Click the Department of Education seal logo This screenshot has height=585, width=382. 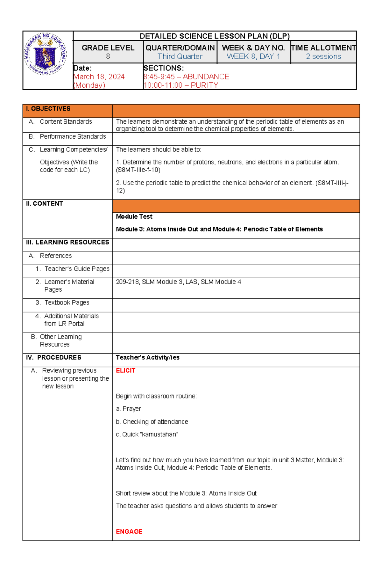pos(46,54)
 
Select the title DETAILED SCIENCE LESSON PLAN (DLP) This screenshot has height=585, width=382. pos(215,36)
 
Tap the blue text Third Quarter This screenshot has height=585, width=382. pos(180,57)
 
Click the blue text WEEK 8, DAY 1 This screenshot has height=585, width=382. pos(253,57)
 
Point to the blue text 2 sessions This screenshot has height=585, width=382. pos(323,57)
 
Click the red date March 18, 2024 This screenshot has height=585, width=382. pos(99,77)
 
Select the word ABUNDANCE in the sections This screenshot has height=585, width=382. pos(206,77)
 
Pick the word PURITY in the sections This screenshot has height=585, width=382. pos(204,85)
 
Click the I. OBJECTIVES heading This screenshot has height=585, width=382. pos(48,109)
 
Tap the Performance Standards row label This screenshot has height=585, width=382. pos(73,136)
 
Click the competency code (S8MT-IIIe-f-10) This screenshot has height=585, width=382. pos(138,170)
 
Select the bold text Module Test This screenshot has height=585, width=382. pos(134,217)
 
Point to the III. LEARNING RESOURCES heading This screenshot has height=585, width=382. pos(67,242)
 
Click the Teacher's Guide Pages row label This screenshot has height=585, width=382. pos(77,269)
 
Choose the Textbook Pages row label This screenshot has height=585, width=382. pos(67,303)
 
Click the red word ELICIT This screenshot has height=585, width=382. pos(125,370)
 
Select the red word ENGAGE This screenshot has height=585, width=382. pos(129,531)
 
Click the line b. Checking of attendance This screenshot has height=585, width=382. pos(152,422)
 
